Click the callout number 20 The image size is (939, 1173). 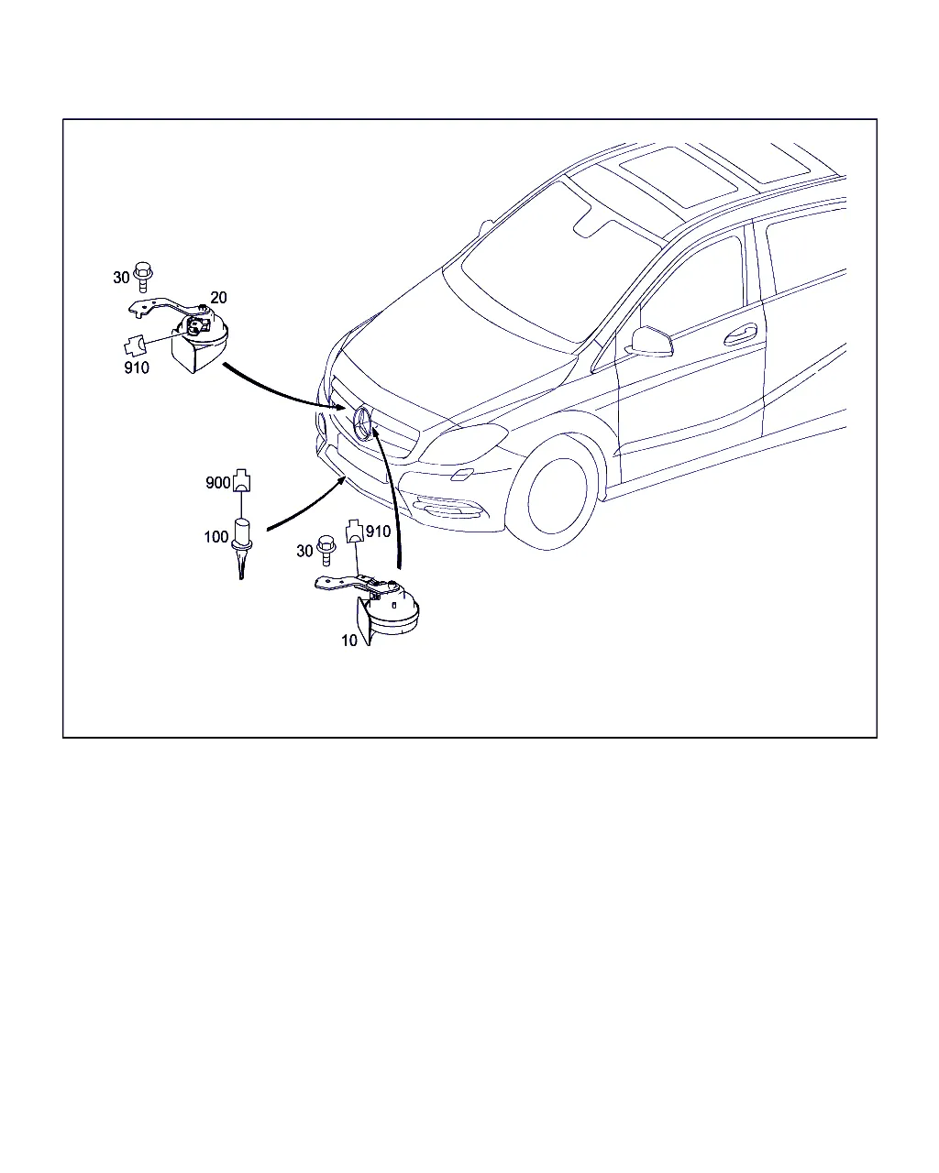click(x=218, y=298)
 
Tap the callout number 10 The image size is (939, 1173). click(x=349, y=641)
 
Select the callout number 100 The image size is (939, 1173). click(x=216, y=537)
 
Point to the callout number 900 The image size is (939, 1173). click(x=217, y=482)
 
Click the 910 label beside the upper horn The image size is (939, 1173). click(x=137, y=367)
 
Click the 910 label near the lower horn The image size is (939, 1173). click(x=378, y=532)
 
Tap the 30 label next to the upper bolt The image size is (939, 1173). click(x=121, y=278)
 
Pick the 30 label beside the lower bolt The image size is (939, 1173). click(x=304, y=551)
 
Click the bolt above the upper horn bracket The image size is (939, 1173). click(x=143, y=277)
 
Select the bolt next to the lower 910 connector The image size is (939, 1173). click(x=326, y=551)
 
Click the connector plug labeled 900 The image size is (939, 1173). click(x=242, y=479)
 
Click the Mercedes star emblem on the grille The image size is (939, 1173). click(x=362, y=423)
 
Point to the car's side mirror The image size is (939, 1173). click(x=651, y=342)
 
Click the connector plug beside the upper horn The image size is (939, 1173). click(x=135, y=346)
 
